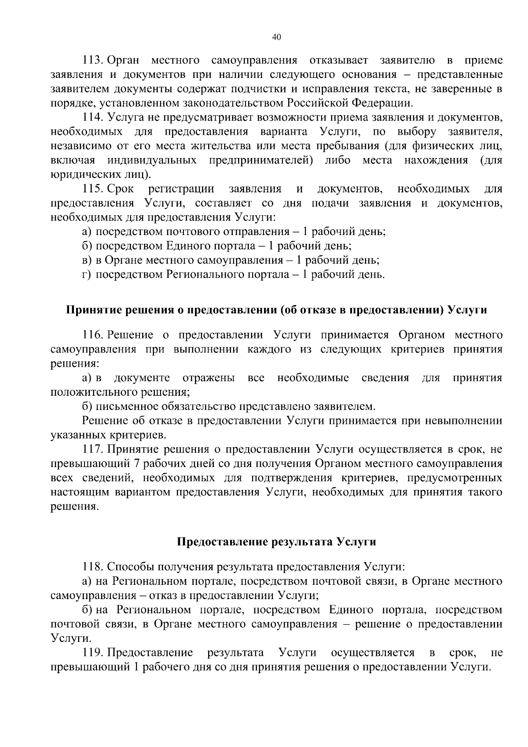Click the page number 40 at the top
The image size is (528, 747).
click(277, 37)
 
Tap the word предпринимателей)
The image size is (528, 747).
click(261, 160)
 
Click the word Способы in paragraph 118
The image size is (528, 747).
click(128, 567)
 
